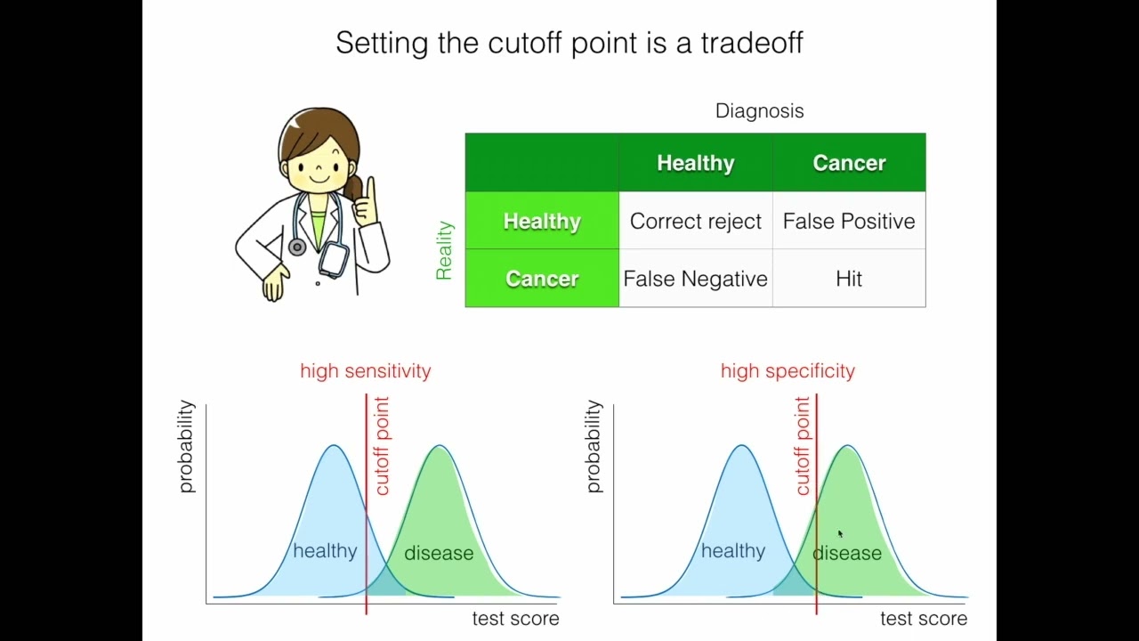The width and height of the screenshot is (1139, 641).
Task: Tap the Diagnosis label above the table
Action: [759, 111]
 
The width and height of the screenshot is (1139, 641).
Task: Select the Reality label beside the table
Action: [444, 250]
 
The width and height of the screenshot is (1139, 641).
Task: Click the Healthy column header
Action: [695, 163]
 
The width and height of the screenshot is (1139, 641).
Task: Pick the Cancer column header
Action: [849, 163]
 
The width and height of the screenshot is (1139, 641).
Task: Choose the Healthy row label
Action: [541, 221]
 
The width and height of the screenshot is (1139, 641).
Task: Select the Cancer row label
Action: [541, 279]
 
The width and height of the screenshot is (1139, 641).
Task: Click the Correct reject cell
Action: [695, 221]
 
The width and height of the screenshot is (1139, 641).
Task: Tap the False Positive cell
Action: [849, 221]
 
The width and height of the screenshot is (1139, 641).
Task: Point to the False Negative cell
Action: [695, 279]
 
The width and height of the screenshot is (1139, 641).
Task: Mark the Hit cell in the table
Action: [849, 279]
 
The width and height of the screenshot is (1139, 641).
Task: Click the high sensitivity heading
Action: [365, 371]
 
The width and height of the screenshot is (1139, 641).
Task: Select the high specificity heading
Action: [788, 371]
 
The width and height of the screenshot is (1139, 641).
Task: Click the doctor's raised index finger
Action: [370, 191]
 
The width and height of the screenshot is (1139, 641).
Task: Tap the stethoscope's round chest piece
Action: [297, 247]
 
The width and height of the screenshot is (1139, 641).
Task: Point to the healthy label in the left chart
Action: [325, 551]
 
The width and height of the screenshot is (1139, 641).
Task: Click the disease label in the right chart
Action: [847, 553]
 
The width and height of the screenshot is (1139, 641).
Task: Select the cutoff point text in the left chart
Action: [382, 446]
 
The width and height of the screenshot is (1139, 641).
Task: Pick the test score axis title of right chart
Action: [923, 619]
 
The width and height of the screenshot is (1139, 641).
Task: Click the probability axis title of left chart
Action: [186, 446]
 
